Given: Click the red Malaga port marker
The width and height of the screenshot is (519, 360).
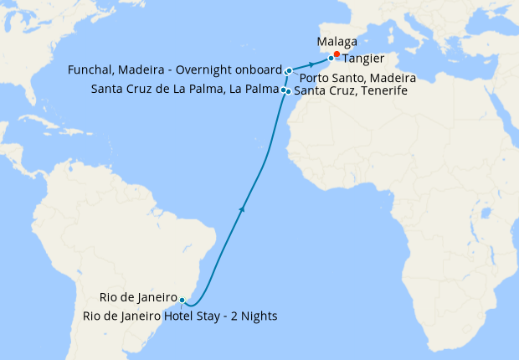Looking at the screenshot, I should [337, 55].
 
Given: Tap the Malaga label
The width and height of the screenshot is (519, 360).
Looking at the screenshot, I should [338, 42].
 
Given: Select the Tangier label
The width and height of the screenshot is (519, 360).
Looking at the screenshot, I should [363, 59].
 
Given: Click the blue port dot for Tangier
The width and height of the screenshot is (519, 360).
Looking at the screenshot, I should [331, 59].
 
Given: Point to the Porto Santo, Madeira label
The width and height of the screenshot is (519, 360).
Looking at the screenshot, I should [358, 78].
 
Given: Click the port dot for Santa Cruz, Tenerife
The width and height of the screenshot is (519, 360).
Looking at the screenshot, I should [288, 91].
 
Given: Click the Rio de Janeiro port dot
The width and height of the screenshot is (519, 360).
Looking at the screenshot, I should [182, 300].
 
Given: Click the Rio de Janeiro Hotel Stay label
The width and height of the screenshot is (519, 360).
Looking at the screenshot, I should [180, 316].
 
